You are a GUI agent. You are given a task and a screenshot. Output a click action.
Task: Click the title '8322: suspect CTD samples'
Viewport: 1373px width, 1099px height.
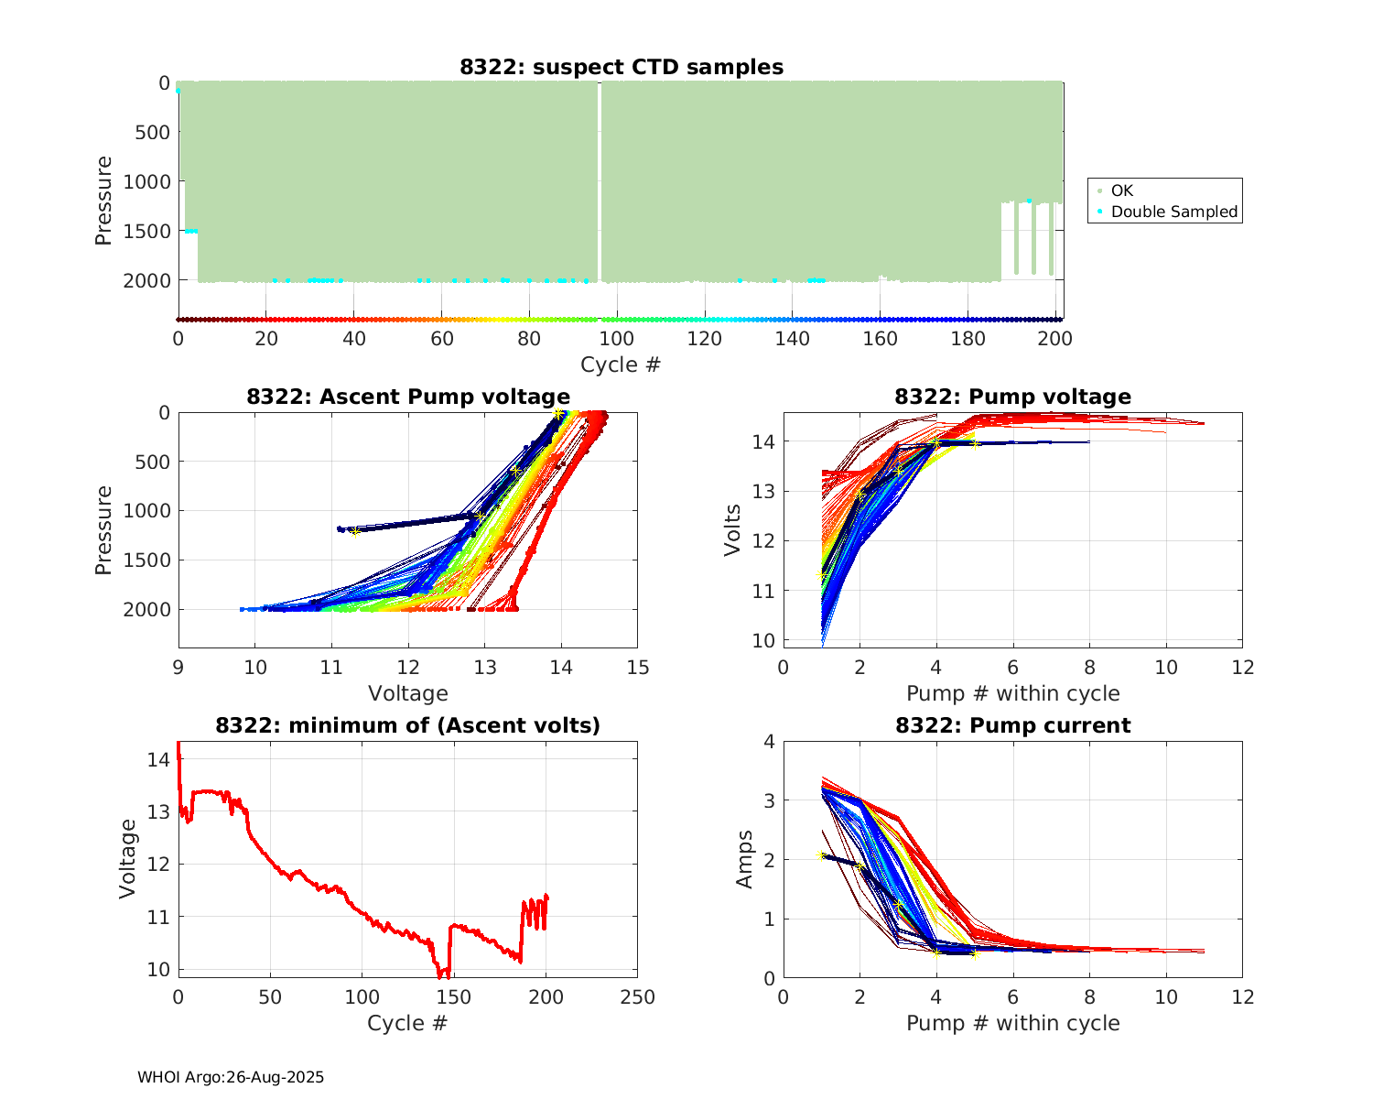622,67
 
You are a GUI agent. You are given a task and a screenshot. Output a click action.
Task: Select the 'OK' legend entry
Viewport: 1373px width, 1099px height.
1121,190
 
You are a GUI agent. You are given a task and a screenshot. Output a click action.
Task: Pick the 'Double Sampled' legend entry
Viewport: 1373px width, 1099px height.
1173,212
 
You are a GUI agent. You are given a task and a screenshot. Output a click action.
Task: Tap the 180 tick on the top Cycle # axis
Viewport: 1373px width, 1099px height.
968,339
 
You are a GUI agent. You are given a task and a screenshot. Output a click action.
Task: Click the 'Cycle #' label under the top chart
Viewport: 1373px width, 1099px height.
621,365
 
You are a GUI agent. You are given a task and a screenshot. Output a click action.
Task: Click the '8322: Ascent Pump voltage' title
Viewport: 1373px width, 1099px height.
408,397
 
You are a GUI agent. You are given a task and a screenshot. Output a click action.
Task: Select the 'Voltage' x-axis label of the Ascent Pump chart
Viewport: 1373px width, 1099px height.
408,693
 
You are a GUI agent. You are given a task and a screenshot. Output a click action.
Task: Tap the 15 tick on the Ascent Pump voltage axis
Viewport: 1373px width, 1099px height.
638,668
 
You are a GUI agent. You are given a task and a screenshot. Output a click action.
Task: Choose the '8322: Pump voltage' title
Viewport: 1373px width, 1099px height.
1012,397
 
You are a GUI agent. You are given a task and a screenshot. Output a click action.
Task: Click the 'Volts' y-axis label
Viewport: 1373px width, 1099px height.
732,528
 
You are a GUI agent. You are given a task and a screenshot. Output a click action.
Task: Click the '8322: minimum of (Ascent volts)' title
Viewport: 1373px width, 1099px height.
408,725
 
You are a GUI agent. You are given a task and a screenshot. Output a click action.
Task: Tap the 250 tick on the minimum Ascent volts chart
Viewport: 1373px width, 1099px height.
638,997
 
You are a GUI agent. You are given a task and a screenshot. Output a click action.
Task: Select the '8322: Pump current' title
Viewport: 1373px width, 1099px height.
1012,725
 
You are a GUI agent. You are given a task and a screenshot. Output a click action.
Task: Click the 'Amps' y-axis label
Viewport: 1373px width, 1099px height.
746,858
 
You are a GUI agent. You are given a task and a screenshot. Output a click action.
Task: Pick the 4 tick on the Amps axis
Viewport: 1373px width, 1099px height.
769,741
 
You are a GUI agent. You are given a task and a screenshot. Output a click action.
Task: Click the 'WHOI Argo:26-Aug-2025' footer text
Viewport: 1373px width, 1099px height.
231,1077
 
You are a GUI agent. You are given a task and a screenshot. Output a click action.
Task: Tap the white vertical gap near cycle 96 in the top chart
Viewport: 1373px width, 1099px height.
600,183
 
